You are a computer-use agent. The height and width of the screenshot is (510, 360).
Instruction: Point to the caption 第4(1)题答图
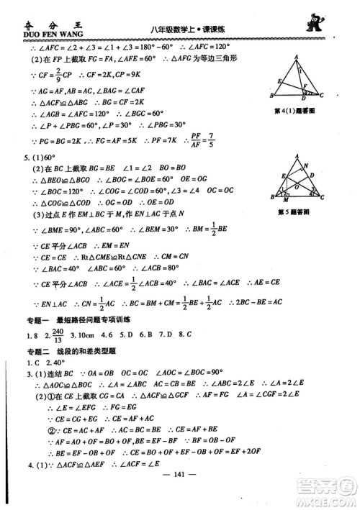297,110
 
